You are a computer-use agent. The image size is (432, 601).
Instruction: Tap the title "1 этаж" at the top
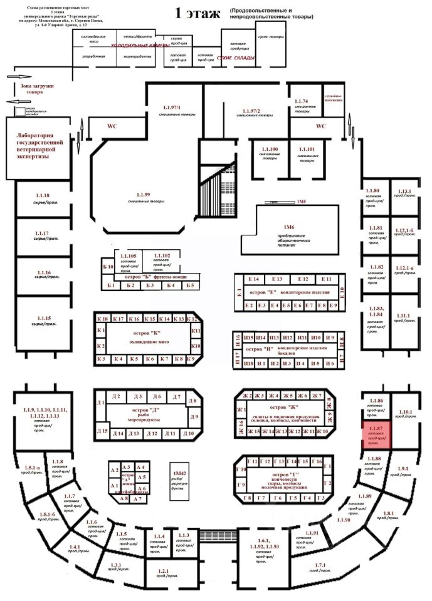[x=199, y=12]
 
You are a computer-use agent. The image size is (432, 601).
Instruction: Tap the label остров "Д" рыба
[x=145, y=414]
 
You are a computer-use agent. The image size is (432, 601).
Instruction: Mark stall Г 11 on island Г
[x=254, y=461]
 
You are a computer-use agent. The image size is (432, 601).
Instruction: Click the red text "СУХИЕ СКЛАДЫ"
[x=236, y=58]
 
